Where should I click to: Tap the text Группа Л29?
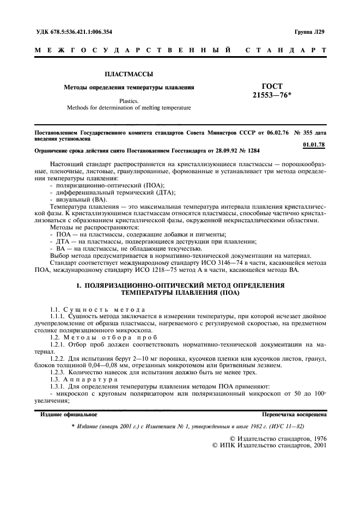309,32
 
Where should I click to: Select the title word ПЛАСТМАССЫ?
129,73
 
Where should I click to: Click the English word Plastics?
129,100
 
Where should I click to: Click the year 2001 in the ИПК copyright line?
315,445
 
